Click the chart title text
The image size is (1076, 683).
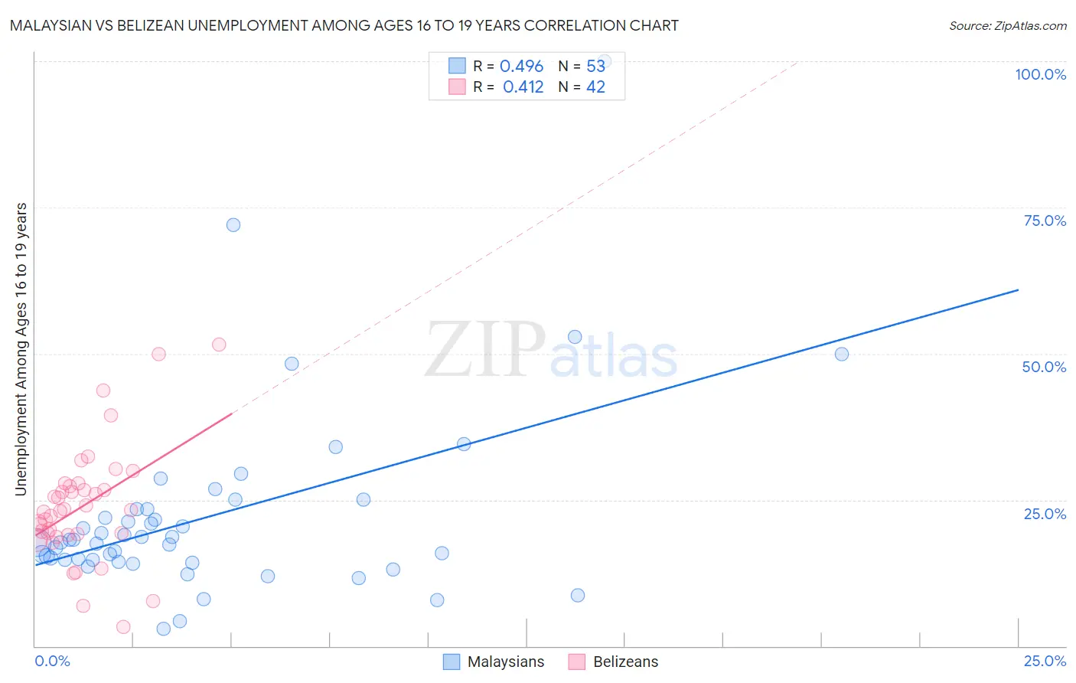click(x=344, y=25)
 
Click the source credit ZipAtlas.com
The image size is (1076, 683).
click(x=1007, y=25)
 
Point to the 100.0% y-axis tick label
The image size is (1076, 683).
click(x=1040, y=74)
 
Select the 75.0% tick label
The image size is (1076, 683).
click(x=1045, y=221)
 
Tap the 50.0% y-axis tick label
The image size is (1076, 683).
click(x=1044, y=367)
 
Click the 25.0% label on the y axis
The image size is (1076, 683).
click(x=1045, y=513)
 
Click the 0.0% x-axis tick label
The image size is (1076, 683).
click(x=52, y=661)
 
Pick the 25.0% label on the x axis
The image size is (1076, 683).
click(x=1045, y=661)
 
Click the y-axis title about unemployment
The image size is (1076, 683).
click(x=21, y=349)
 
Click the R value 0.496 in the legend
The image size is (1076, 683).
click(x=521, y=67)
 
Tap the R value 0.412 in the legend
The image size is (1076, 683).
click(x=523, y=87)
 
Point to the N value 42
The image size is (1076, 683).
click(x=595, y=87)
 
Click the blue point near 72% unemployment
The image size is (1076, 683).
click(x=233, y=225)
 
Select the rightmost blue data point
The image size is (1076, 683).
click(x=842, y=354)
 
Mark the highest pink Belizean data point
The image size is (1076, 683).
click(x=219, y=345)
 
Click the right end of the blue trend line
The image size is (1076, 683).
click(x=1018, y=289)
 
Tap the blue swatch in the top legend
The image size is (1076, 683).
click(x=457, y=66)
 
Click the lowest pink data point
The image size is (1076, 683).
click(x=123, y=627)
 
